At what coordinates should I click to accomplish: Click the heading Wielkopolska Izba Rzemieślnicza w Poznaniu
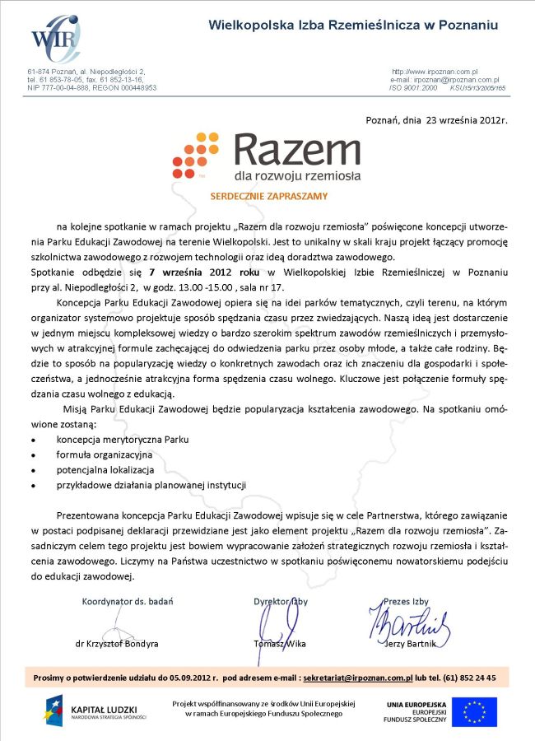click(x=354, y=26)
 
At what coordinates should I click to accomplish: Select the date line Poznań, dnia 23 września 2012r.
click(x=436, y=120)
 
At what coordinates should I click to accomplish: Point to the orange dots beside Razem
click(x=197, y=157)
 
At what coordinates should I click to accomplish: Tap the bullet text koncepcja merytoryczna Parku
click(x=117, y=440)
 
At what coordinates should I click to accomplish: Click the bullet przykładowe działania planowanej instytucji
click(x=151, y=485)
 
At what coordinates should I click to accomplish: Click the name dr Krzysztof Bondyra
click(x=117, y=643)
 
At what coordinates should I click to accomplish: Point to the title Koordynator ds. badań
click(x=128, y=601)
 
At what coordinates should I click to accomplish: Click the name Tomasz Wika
click(x=280, y=643)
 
